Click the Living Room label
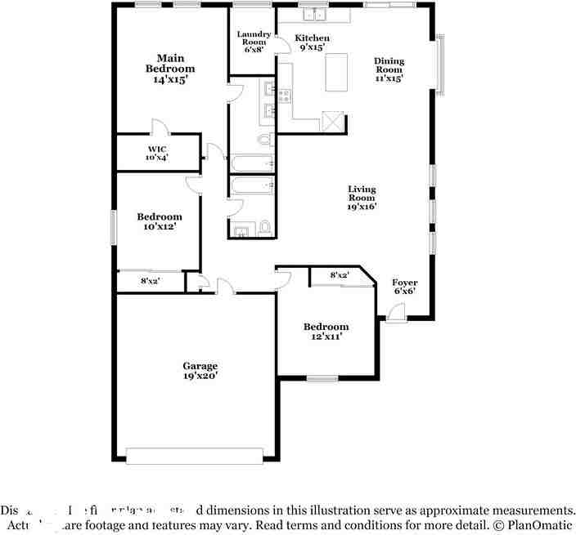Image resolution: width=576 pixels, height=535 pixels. click(x=361, y=197)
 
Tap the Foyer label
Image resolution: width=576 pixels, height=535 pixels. click(x=405, y=287)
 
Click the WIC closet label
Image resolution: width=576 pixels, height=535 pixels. click(x=156, y=152)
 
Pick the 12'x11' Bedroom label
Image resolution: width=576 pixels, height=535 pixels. click(x=326, y=331)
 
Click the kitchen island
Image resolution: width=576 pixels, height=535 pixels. click(x=336, y=73)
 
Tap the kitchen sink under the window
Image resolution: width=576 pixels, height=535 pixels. click(x=312, y=15)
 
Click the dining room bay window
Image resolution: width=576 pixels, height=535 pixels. click(x=440, y=64)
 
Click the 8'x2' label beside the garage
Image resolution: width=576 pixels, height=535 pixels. click(x=150, y=281)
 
